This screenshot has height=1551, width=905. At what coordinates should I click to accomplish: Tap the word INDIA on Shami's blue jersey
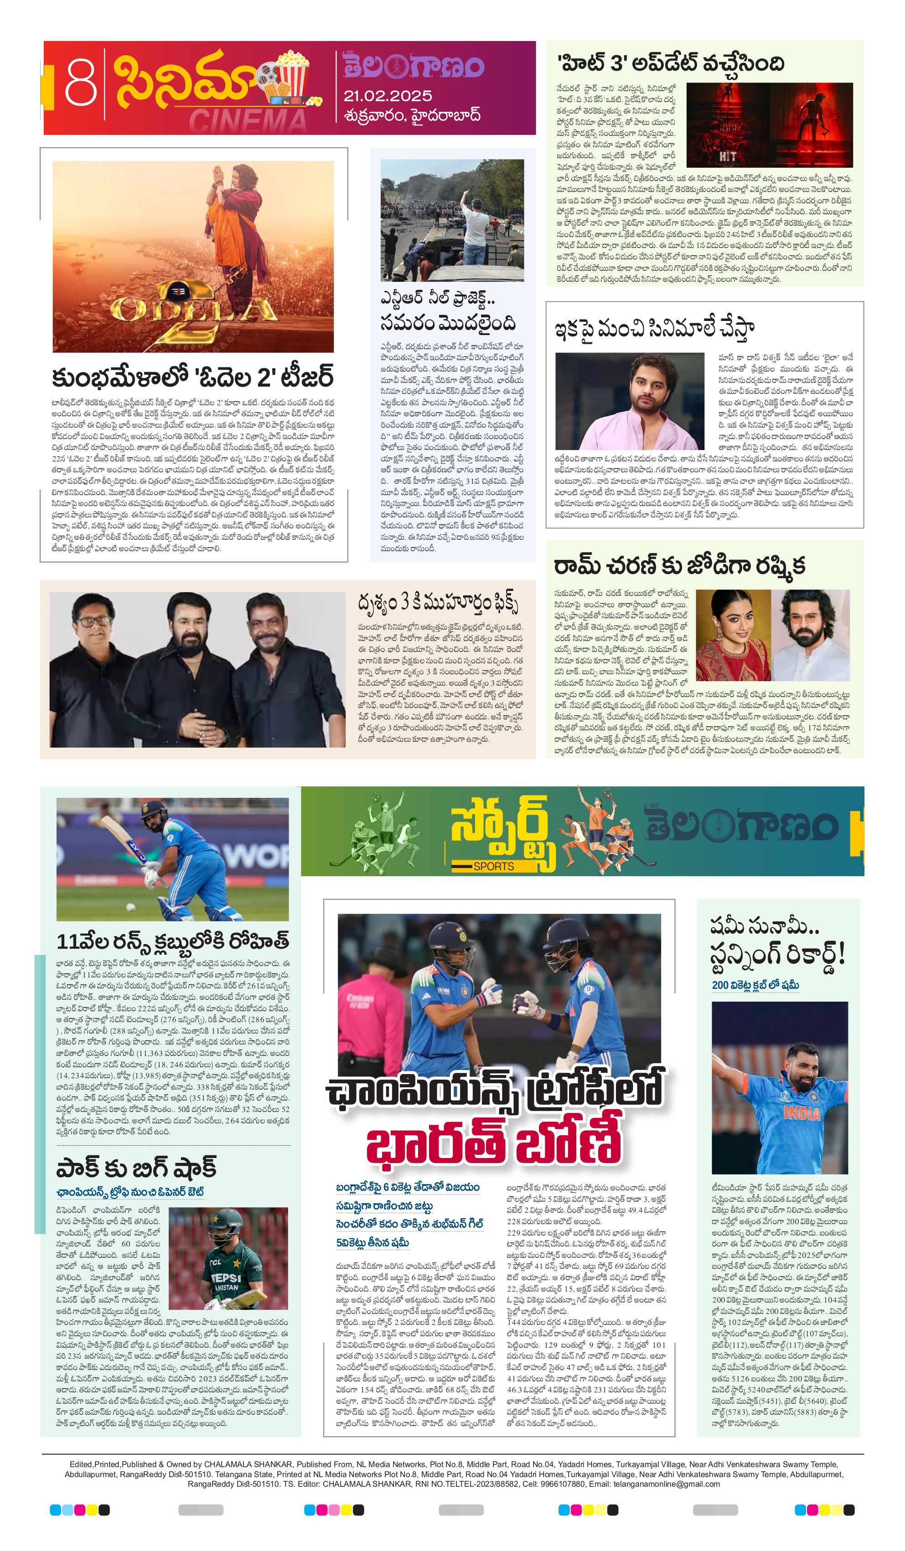pos(802,1113)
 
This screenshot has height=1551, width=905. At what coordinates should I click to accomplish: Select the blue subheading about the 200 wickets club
pos(755,985)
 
